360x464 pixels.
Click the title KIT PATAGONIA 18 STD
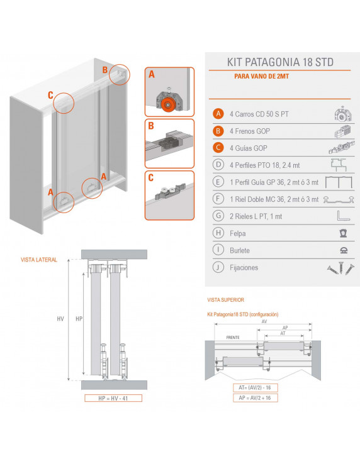pyautogui.click(x=279, y=62)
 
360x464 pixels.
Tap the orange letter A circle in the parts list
pyautogui.click(x=218, y=114)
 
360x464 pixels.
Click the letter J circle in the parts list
pyautogui.click(x=218, y=267)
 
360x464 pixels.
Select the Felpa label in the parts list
pyautogui.click(x=238, y=233)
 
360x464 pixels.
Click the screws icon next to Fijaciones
pyautogui.click(x=340, y=267)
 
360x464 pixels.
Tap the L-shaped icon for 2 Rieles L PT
pyautogui.click(x=341, y=216)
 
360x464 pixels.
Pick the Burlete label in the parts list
pyautogui.click(x=240, y=250)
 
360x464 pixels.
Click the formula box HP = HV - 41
pyautogui.click(x=113, y=398)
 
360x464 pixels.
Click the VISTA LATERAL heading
pyautogui.click(x=39, y=259)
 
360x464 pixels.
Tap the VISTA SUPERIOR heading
pyautogui.click(x=225, y=301)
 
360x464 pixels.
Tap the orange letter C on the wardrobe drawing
pyautogui.click(x=50, y=96)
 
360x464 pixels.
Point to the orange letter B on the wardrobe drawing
pyautogui.click(x=105, y=69)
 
